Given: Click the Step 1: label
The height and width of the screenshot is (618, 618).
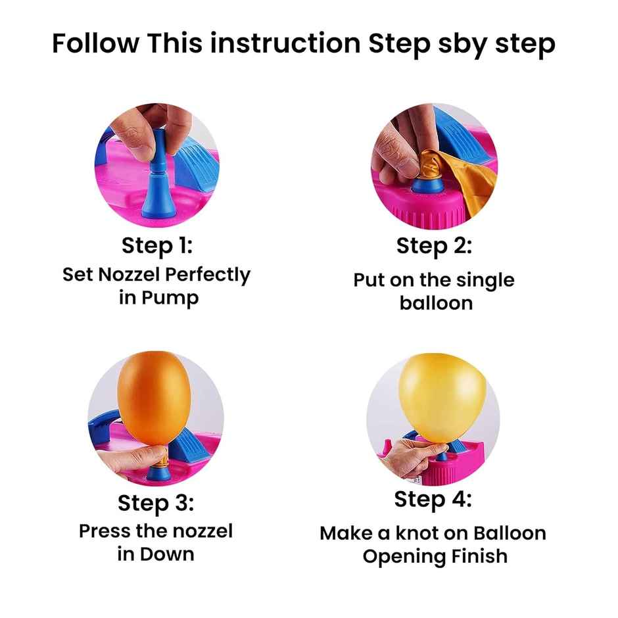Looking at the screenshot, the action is (x=157, y=245).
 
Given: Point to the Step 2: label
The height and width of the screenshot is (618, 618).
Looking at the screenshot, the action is (x=434, y=246).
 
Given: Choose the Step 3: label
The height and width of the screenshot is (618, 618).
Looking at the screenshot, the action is (x=156, y=504).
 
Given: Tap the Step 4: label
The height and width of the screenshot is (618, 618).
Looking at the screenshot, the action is (x=433, y=500).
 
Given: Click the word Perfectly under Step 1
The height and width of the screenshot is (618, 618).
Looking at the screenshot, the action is (x=207, y=275).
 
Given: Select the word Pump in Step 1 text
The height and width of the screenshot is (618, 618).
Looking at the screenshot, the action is (x=170, y=298).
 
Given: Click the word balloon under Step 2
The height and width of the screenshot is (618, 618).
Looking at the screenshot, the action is (x=436, y=303).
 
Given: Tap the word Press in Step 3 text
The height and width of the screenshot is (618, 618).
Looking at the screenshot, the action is (x=105, y=531).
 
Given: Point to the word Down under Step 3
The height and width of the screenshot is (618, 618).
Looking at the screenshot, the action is (x=167, y=554).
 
